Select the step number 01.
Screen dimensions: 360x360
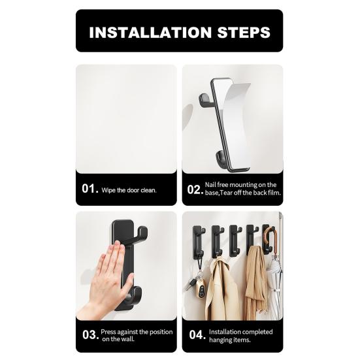click(90, 189)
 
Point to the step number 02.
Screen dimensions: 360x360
click(195, 189)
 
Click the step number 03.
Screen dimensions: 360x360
click(90, 336)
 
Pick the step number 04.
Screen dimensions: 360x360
click(195, 336)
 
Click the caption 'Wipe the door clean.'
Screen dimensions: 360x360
click(129, 190)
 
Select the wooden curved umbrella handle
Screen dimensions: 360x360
click(271, 238)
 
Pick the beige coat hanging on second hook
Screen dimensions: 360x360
click(220, 287)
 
